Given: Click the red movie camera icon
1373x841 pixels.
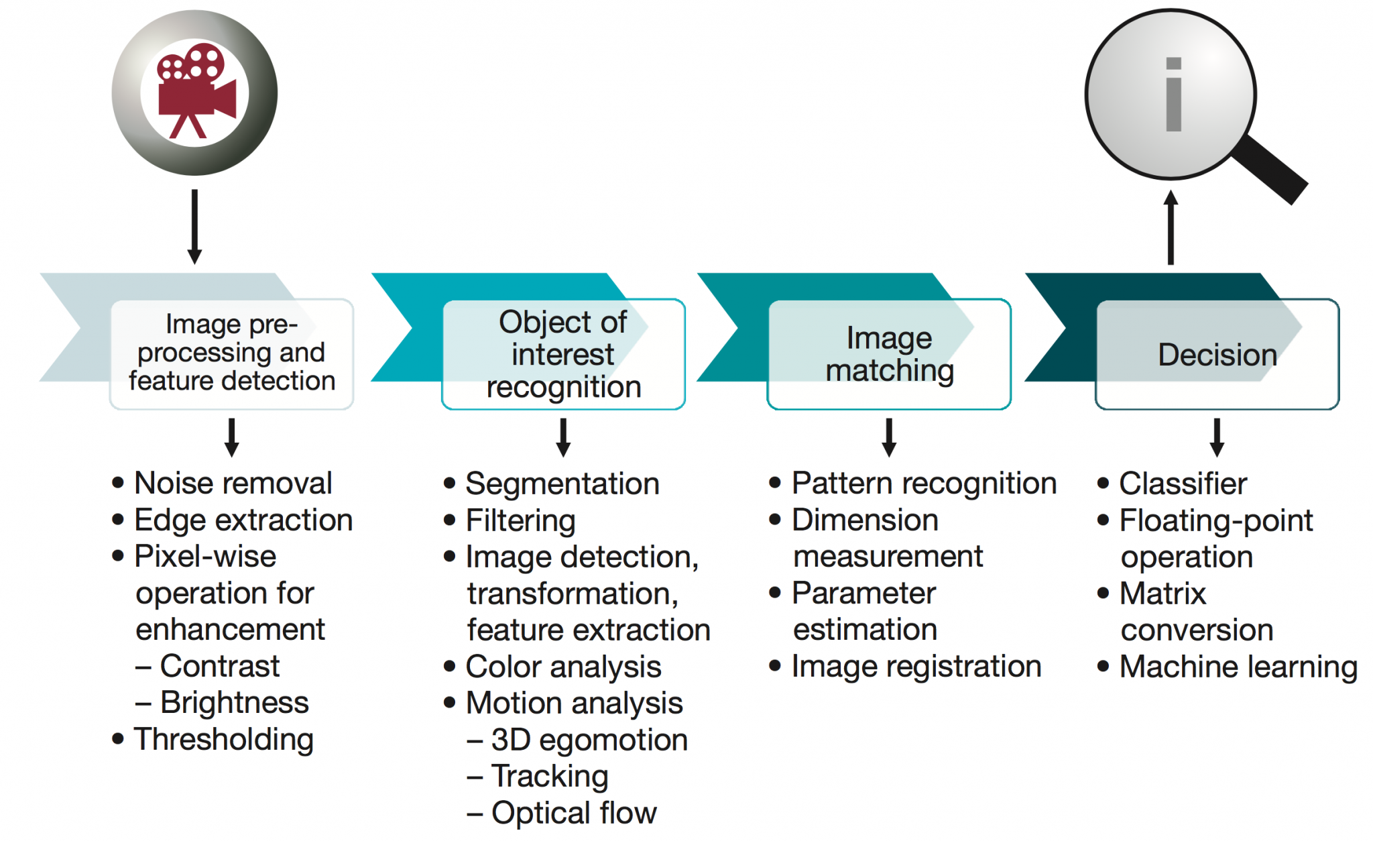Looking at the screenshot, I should point(195,91).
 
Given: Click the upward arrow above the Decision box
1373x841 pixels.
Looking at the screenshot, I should point(1171,228).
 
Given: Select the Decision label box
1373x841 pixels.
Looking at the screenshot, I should point(1217,354).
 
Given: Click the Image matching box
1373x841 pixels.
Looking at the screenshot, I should point(889,354).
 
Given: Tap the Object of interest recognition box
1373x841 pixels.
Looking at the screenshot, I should point(563,354).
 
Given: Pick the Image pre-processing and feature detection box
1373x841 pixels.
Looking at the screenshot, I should point(231,353).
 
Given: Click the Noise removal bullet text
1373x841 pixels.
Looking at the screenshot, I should point(233,483).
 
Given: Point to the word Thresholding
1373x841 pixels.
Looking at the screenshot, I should point(224,739).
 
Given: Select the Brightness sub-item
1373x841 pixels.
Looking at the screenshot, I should point(234,703).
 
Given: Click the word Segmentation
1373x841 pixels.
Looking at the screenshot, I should point(562,484).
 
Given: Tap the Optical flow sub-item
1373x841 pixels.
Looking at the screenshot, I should point(574,813).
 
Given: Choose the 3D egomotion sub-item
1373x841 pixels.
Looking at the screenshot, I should point(589,740).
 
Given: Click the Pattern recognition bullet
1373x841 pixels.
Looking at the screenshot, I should point(924,483).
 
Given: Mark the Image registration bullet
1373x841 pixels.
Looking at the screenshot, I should point(916,667).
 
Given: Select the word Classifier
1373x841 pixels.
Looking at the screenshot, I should point(1183,484).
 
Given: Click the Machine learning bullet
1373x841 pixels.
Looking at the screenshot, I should point(1238,667).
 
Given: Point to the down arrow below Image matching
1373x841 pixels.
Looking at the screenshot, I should point(889,437).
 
